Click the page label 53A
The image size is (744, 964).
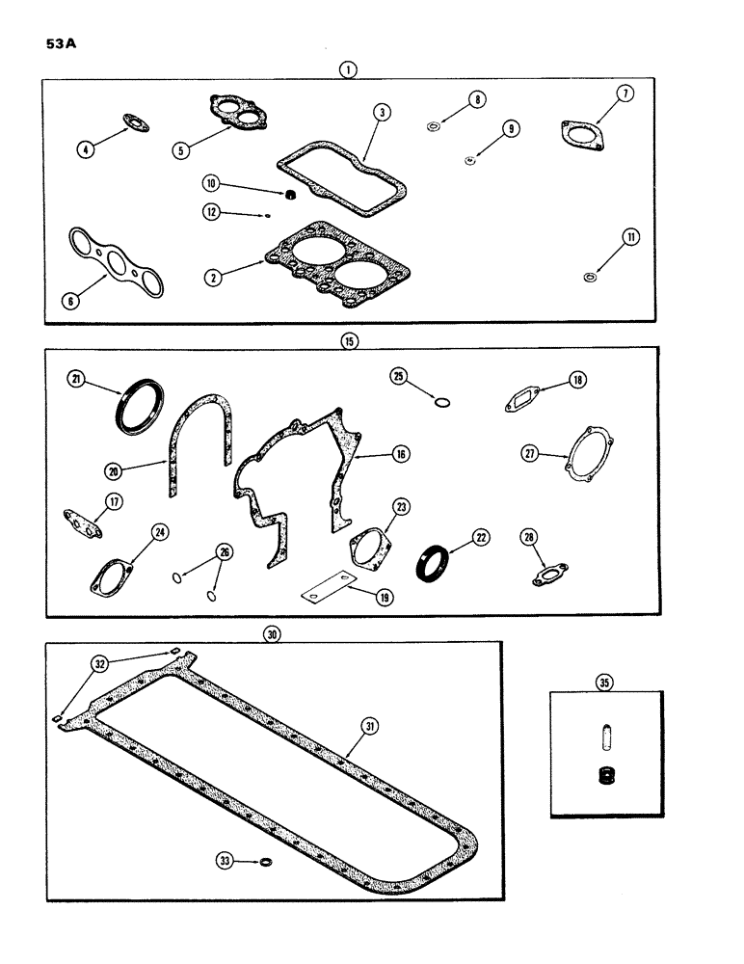[x=60, y=44]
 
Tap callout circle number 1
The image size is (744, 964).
[x=347, y=68]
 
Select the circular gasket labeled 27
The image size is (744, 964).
[x=588, y=457]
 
